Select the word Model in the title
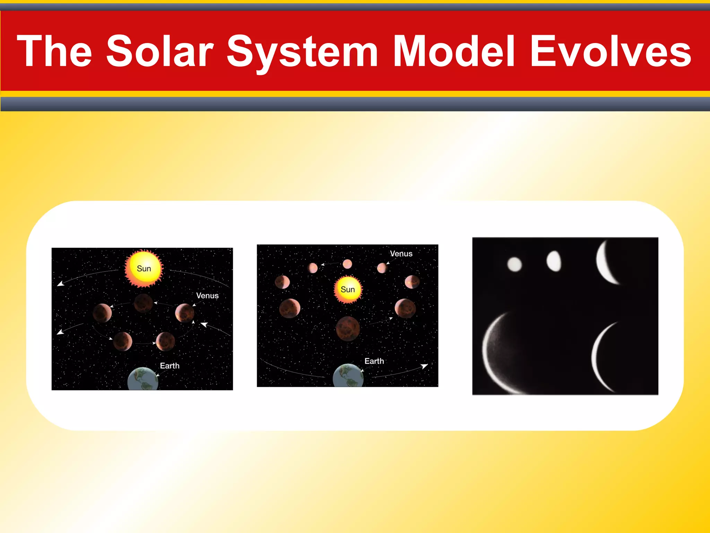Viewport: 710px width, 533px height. pos(454,51)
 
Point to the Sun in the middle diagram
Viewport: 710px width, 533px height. pos(348,289)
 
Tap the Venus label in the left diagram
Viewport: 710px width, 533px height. pos(207,296)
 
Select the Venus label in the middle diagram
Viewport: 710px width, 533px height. pos(401,254)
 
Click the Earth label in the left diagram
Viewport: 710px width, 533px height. pos(170,366)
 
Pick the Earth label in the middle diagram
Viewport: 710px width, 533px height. pos(374,361)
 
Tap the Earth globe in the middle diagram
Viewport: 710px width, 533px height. pos(348,376)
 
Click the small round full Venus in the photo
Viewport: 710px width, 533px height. pos(514,264)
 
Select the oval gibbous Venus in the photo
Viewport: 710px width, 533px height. pos(554,261)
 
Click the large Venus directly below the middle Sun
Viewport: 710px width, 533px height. pos(348,328)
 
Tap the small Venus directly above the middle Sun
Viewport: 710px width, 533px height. pos(347,264)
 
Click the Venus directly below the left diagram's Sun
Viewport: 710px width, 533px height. pos(143,303)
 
